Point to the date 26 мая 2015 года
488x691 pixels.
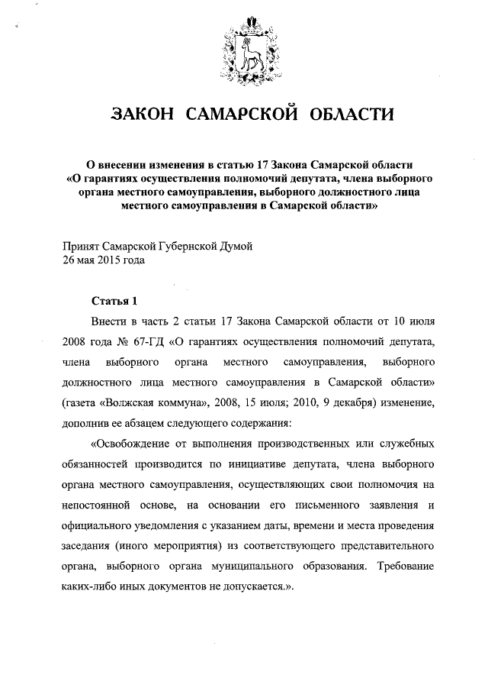102,260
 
